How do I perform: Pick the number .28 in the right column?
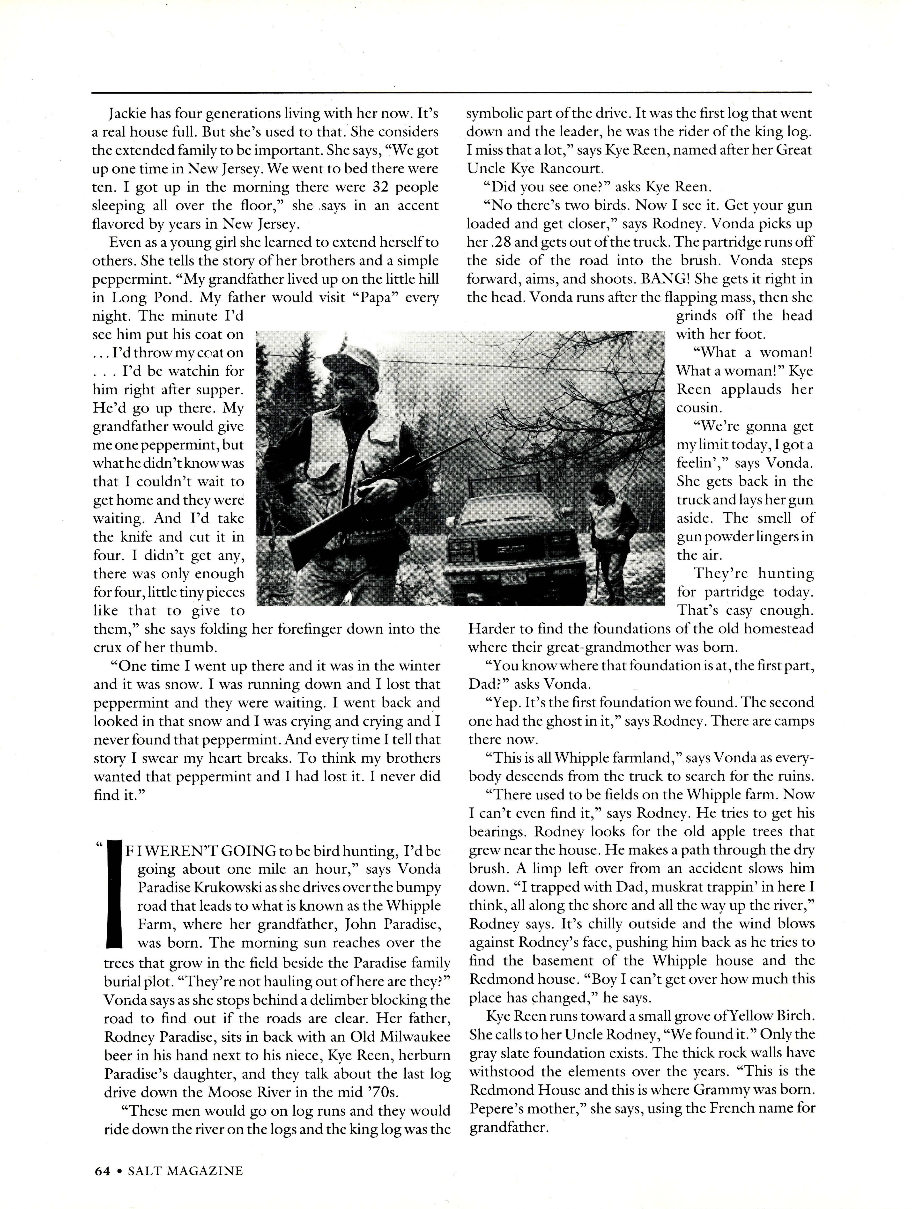coord(495,242)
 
